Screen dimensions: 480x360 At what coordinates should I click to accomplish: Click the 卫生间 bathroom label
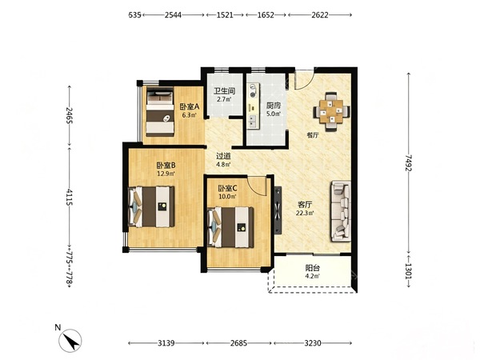tap(224, 91)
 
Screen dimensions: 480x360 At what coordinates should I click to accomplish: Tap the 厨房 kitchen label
tap(274, 106)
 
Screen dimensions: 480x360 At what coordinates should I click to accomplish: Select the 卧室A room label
tap(190, 107)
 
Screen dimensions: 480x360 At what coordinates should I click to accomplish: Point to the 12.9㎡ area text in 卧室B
tap(166, 174)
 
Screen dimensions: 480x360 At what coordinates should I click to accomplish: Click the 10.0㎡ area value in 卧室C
tap(227, 197)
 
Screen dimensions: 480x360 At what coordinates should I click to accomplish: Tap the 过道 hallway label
tap(223, 156)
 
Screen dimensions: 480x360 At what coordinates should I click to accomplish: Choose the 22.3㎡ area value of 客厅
tap(305, 213)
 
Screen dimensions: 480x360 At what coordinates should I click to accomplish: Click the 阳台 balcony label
tap(313, 269)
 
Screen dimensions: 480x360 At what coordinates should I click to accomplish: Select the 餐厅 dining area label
tap(313, 135)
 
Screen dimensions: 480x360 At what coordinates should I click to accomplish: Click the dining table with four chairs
tap(331, 112)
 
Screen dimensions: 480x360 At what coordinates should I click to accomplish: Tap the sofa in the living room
tap(341, 211)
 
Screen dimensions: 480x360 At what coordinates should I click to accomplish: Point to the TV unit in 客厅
tap(278, 210)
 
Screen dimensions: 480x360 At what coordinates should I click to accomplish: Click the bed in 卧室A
tap(160, 112)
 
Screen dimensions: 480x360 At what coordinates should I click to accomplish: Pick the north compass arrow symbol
tap(71, 341)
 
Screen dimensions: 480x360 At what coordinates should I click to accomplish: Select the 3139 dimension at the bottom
tap(166, 343)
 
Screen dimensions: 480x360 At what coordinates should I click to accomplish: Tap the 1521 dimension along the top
tap(225, 14)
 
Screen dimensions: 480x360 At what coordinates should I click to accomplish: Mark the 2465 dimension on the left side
tap(69, 115)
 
